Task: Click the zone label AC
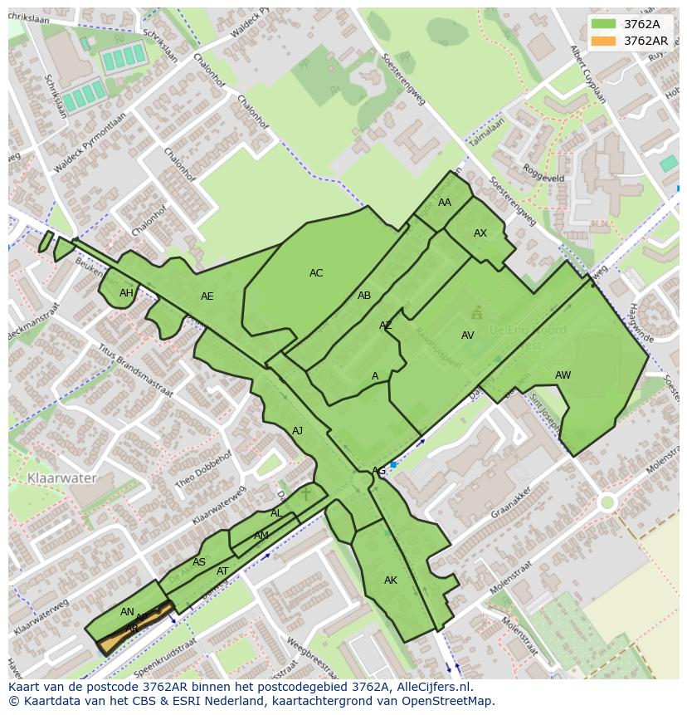[x=316, y=273]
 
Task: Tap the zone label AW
[x=563, y=375]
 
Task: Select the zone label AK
[x=391, y=580]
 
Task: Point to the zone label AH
[x=126, y=293]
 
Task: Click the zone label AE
[x=207, y=296]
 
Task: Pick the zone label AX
[x=480, y=233]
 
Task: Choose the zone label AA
[x=445, y=203]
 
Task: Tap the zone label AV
[x=468, y=335]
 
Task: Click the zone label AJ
[x=297, y=431]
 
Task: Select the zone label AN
[x=127, y=612]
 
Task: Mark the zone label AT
[x=222, y=571]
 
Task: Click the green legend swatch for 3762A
[x=604, y=24]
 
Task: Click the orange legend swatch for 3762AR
[x=604, y=41]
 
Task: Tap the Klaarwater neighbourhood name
[x=62, y=478]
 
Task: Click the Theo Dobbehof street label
[x=203, y=470]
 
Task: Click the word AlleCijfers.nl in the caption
[x=432, y=687]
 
